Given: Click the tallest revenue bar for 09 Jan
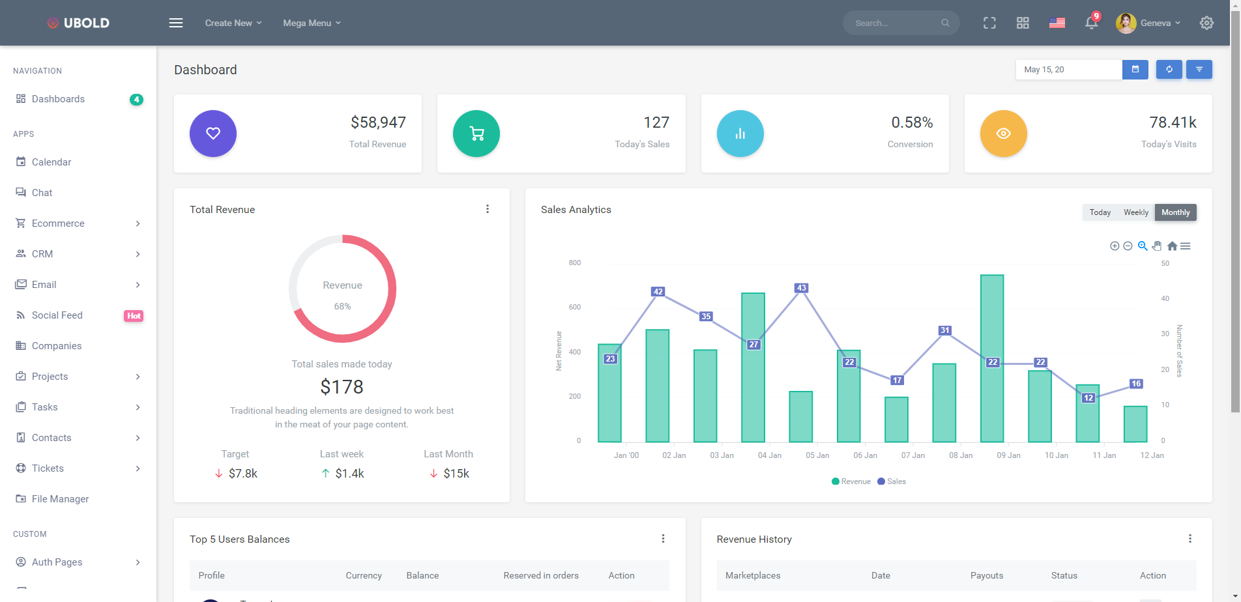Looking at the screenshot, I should [992, 358].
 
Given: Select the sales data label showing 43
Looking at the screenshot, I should [801, 288].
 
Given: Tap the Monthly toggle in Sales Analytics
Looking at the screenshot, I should [1175, 212].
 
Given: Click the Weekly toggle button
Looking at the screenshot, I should [1135, 212].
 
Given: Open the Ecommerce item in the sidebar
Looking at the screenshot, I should [58, 223].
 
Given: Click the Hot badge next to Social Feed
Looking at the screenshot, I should [134, 316].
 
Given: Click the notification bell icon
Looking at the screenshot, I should [1091, 23].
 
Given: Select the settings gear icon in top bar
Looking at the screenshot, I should [1206, 23].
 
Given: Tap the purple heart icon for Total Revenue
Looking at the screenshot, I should [213, 134].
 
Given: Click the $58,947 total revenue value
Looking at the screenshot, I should [378, 122].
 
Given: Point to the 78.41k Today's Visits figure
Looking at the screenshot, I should [1173, 122].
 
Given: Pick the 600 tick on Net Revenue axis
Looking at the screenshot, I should [574, 307].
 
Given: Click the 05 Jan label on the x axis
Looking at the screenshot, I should [817, 455].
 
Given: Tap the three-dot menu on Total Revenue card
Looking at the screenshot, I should [488, 209].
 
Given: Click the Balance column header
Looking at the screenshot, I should [422, 575].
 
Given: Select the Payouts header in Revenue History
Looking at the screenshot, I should [986, 575].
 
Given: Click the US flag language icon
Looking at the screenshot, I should [1057, 23].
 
